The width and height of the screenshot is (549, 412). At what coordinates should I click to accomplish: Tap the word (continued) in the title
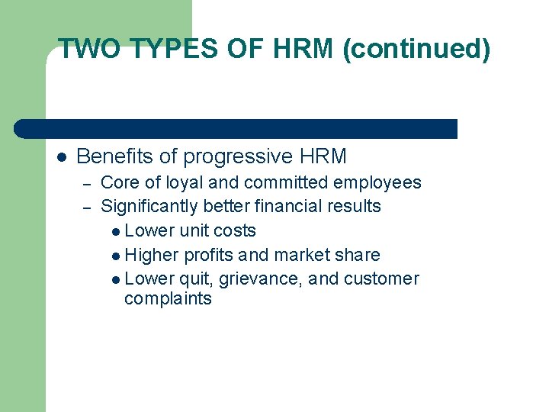tap(417, 50)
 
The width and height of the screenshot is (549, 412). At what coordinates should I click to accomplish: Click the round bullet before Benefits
tap(62, 157)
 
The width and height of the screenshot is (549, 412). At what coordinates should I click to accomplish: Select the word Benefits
tap(114, 157)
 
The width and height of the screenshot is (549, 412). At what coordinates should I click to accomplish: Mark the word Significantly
tap(146, 207)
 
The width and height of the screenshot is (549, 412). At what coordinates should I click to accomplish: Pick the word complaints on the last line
tap(168, 298)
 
